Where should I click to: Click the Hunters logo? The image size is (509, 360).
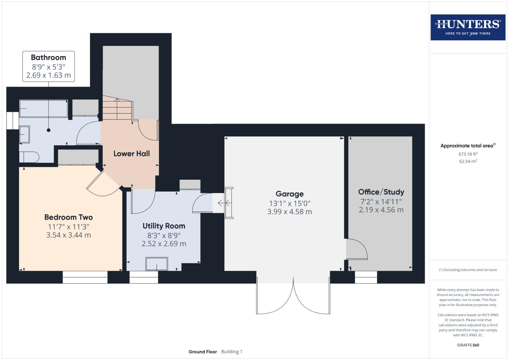(468, 27)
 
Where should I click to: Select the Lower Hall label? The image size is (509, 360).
(132, 154)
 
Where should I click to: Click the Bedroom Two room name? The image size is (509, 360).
(68, 217)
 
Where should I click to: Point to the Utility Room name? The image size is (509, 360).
(164, 226)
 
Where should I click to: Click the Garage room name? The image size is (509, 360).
(289, 194)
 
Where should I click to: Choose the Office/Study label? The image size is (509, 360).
(381, 192)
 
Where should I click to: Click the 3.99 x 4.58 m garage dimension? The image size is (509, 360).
(289, 212)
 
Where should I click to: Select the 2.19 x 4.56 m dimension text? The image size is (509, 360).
(381, 210)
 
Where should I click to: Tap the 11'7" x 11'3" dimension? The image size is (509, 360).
(68, 227)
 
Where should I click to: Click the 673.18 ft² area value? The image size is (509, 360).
(468, 154)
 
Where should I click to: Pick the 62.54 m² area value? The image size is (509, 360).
(468, 161)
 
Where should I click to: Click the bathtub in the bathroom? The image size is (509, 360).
(43, 108)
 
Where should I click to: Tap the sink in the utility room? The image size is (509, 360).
(157, 264)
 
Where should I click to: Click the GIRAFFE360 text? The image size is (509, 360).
(468, 345)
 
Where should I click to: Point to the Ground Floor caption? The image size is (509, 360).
(203, 352)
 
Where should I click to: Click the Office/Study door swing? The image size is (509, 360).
(356, 249)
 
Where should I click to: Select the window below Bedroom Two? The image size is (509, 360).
(85, 277)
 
